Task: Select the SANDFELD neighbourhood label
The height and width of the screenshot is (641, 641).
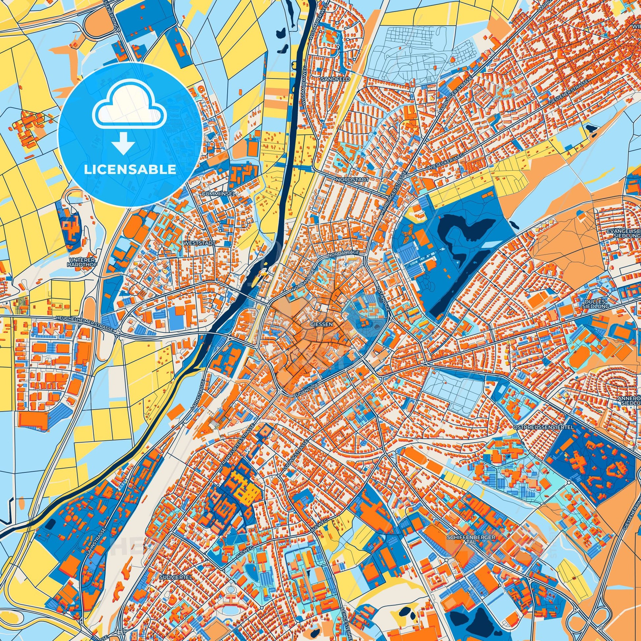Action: click(330, 80)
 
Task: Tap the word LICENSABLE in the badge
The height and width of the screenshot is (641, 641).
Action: click(130, 170)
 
